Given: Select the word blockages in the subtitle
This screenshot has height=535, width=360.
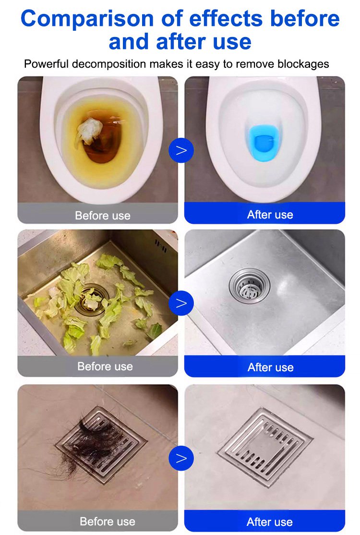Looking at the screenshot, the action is point(303,64).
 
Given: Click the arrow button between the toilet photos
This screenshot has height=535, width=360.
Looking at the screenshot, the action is point(181,150).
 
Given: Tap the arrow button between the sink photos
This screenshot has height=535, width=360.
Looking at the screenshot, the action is point(181,303).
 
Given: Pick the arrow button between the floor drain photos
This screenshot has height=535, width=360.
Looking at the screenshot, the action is point(181,458).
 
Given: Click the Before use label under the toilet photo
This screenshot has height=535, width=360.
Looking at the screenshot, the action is point(103,216).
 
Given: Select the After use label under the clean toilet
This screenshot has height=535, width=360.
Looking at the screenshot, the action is point(270,215).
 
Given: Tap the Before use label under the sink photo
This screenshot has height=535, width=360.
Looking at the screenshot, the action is point(105,366).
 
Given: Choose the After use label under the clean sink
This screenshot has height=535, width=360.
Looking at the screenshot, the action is point(270,367).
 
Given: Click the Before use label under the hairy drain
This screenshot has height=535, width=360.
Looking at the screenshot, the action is point(108,522).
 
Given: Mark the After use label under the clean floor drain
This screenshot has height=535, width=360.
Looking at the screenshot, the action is point(269,522).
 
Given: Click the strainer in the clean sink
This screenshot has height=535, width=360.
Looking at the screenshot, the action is point(250,286).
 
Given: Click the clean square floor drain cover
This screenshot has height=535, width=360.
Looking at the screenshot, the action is point(265,447).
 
